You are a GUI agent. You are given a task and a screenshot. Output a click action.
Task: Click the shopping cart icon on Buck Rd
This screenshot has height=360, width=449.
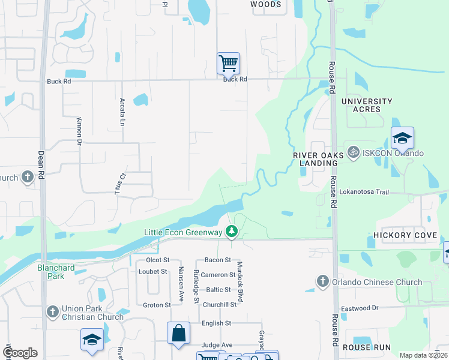coord(228,62)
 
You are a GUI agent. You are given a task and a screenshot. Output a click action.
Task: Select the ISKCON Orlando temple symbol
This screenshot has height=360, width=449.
coord(352,152)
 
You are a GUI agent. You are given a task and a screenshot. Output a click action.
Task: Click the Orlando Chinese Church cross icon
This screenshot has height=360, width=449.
coord(322,281)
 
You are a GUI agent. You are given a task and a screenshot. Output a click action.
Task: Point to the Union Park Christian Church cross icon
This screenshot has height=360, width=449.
coord(53,311)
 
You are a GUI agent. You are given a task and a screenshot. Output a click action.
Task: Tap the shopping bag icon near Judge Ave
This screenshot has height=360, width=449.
coord(178,334)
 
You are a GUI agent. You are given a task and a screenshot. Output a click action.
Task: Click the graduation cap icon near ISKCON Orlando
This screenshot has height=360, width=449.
coord(402,139)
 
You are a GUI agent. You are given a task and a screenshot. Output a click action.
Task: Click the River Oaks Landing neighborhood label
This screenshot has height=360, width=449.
coord(319,159)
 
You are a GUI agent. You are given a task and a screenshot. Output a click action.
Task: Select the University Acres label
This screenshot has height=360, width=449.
coord(367,105)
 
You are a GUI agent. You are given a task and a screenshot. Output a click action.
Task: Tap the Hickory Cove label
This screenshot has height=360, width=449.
coord(405,235)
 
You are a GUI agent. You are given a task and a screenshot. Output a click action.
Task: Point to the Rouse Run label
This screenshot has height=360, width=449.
coord(366,347)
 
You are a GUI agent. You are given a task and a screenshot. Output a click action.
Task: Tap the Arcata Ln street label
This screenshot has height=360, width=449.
coord(122,112)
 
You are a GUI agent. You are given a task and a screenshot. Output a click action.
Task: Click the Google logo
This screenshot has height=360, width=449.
coord(20,353)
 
